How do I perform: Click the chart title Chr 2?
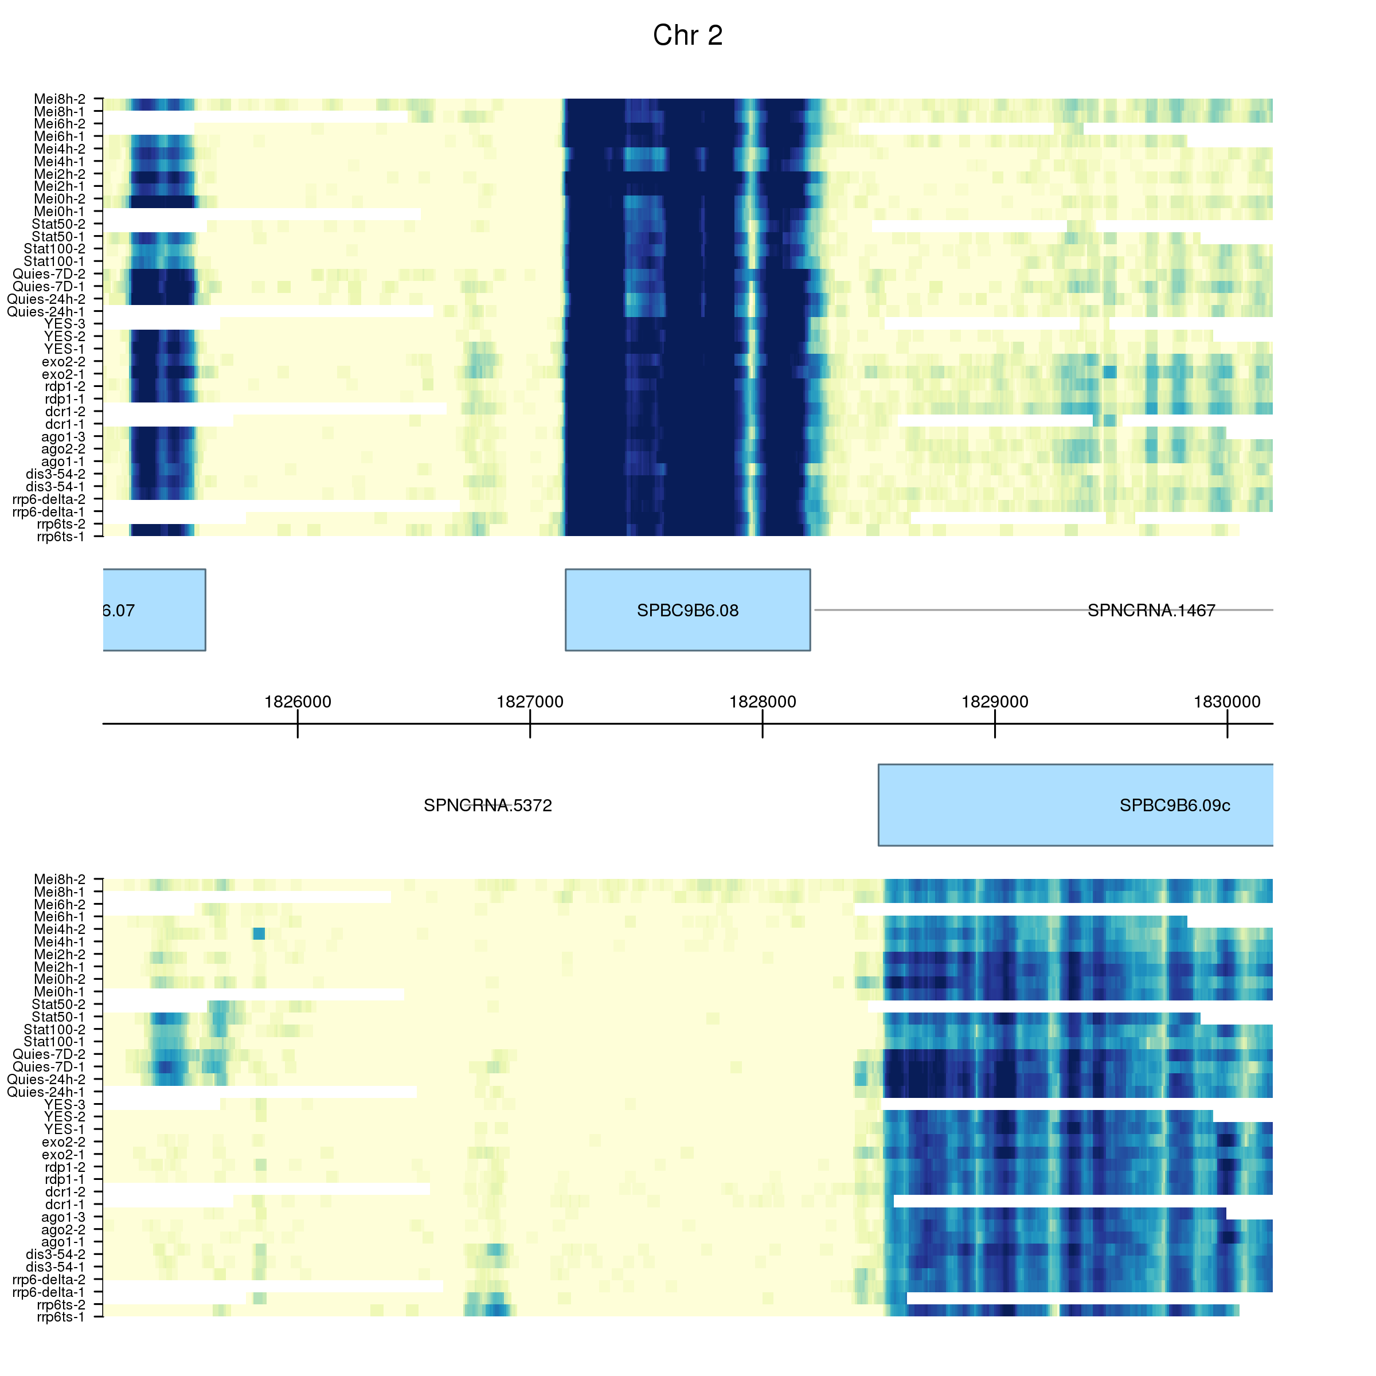[x=687, y=36]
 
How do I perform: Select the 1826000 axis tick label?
[x=298, y=702]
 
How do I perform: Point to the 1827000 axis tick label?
[x=530, y=702]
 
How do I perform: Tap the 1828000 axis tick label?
[x=762, y=702]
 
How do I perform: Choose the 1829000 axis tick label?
[x=995, y=702]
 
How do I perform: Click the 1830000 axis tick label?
[x=1227, y=702]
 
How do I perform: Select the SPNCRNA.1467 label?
[x=1151, y=611]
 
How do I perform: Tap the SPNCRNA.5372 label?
[x=488, y=806]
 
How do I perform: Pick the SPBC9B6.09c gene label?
[x=1174, y=806]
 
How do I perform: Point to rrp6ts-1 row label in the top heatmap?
[x=61, y=536]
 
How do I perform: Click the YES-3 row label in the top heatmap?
[x=64, y=324]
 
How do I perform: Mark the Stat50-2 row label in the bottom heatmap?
[x=58, y=1004]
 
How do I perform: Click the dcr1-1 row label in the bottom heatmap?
[x=65, y=1205]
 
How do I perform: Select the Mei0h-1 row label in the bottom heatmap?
[x=60, y=991]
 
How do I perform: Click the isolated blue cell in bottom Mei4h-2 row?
[x=259, y=934]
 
